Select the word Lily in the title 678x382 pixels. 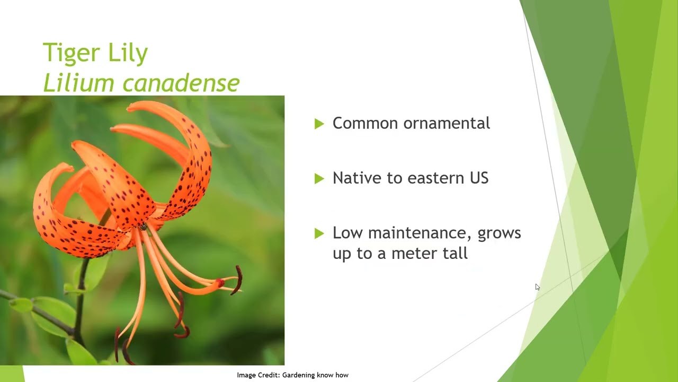(x=128, y=53)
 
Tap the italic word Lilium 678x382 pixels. (x=79, y=82)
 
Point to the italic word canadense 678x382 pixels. (x=181, y=82)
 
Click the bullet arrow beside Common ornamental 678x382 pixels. (x=319, y=124)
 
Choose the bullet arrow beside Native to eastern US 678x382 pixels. (x=319, y=179)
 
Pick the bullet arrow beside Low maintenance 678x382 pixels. (x=319, y=233)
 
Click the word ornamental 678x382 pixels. (x=447, y=123)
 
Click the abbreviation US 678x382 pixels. (x=479, y=178)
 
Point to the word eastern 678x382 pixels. (x=436, y=178)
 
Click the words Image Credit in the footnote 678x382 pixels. (x=258, y=375)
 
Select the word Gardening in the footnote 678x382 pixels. (x=298, y=375)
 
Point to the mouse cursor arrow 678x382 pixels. (x=537, y=287)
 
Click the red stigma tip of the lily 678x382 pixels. (x=220, y=283)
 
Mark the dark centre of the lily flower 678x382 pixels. (x=143, y=227)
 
